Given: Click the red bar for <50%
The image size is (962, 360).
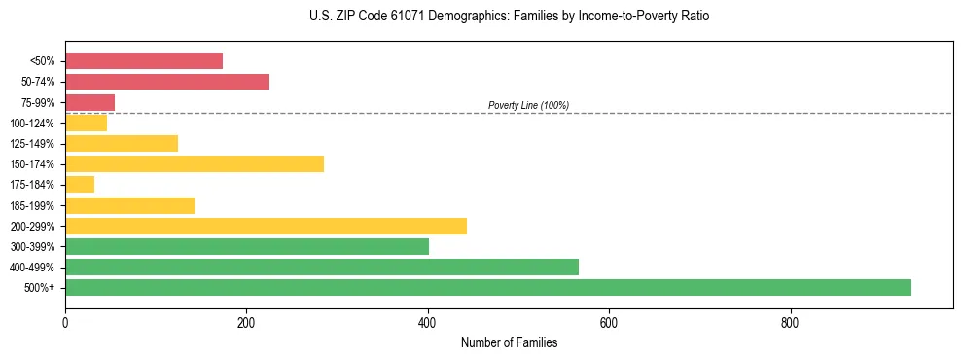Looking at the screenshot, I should tap(144, 60).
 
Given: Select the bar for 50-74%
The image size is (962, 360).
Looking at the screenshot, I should tap(167, 82).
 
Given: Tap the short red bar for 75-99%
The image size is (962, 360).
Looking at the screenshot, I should tap(89, 102).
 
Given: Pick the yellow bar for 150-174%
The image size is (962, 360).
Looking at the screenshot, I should tap(195, 163).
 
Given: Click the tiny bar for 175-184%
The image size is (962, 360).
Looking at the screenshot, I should tap(80, 184).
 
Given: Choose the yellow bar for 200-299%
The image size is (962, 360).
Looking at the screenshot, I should tap(266, 226).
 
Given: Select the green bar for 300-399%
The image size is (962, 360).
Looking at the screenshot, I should tap(247, 246).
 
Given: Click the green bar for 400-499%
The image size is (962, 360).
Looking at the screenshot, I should tap(322, 267).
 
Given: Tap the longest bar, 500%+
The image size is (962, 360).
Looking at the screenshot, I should tap(488, 287).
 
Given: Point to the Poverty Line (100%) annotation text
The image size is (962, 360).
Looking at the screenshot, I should tap(528, 105).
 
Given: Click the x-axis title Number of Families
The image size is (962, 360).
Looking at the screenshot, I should tap(509, 342).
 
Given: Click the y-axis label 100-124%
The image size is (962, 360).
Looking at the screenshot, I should tap(32, 124).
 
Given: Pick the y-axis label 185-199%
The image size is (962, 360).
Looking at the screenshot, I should tap(32, 205).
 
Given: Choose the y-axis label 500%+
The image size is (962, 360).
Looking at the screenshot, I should tap(40, 288).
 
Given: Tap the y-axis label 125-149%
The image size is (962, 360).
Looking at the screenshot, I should tap(32, 144).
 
